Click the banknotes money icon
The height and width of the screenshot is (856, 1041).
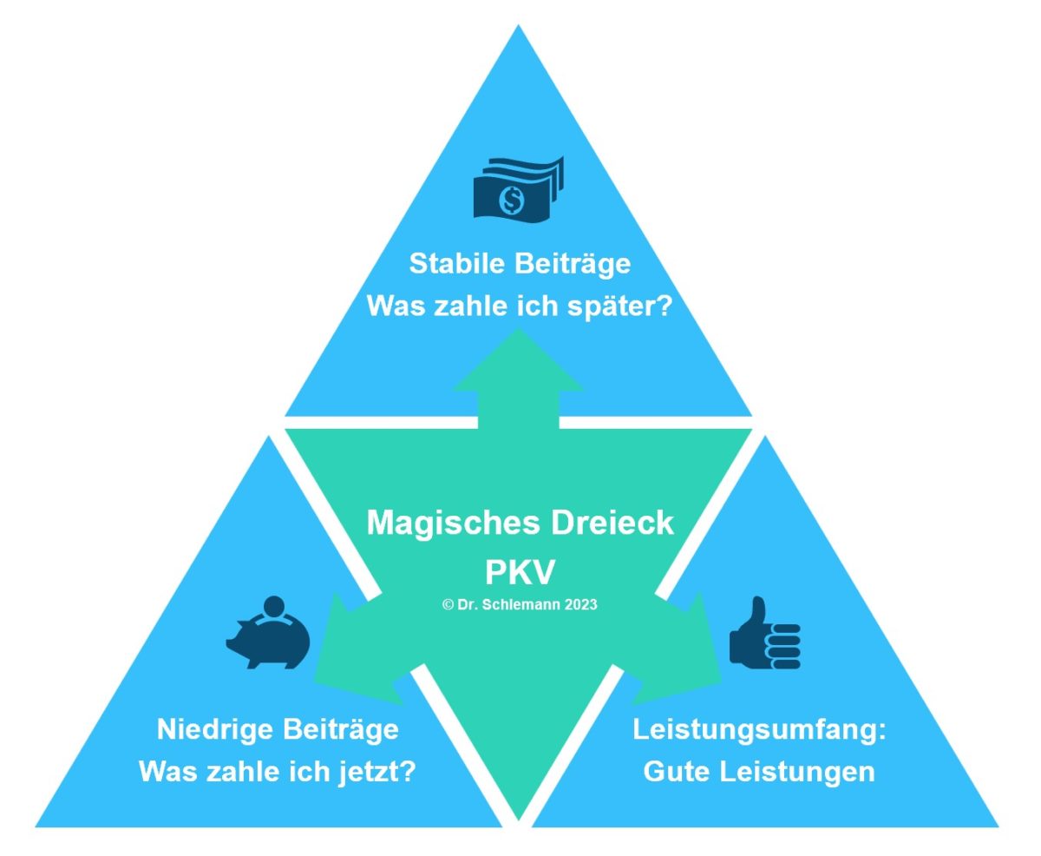[x=518, y=188]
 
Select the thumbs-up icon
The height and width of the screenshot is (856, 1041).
[x=764, y=633]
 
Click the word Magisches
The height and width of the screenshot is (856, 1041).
[x=453, y=523]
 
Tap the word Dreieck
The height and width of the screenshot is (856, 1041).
[x=612, y=523]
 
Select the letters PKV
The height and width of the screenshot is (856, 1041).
[x=520, y=572]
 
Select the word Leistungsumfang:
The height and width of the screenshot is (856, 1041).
[x=760, y=730]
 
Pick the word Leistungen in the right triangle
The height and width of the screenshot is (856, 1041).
[x=797, y=773]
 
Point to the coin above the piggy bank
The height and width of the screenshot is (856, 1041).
[x=274, y=607]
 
